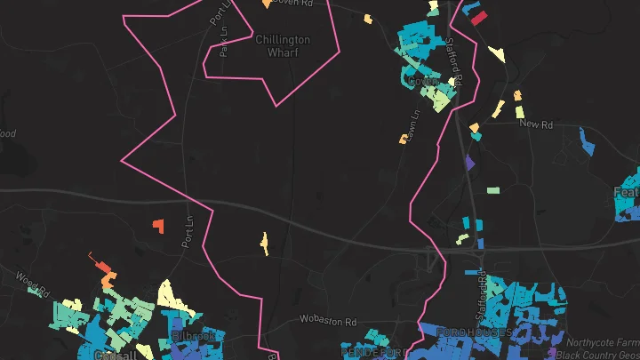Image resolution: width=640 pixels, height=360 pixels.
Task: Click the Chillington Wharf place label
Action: [x=283, y=45]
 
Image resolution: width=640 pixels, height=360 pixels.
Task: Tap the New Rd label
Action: [x=536, y=125]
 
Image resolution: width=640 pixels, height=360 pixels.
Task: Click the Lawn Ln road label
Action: [x=413, y=124]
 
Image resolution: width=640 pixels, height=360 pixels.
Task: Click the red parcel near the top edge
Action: [x=478, y=17]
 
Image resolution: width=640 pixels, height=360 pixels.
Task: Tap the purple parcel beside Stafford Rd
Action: [x=470, y=162]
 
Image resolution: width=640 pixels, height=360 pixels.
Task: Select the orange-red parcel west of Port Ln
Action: [x=158, y=226]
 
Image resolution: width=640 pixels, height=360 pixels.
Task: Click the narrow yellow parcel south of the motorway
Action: [x=263, y=241]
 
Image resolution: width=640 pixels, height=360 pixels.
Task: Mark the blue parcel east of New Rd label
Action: [x=586, y=140]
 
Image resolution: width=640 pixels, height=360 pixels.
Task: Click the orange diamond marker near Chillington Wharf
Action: [x=267, y=4]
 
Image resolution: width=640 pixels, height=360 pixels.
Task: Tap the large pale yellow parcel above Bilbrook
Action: [x=170, y=294]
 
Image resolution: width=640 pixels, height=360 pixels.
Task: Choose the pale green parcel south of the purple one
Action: [x=493, y=189]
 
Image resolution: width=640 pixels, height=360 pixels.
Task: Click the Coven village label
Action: [x=418, y=82]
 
